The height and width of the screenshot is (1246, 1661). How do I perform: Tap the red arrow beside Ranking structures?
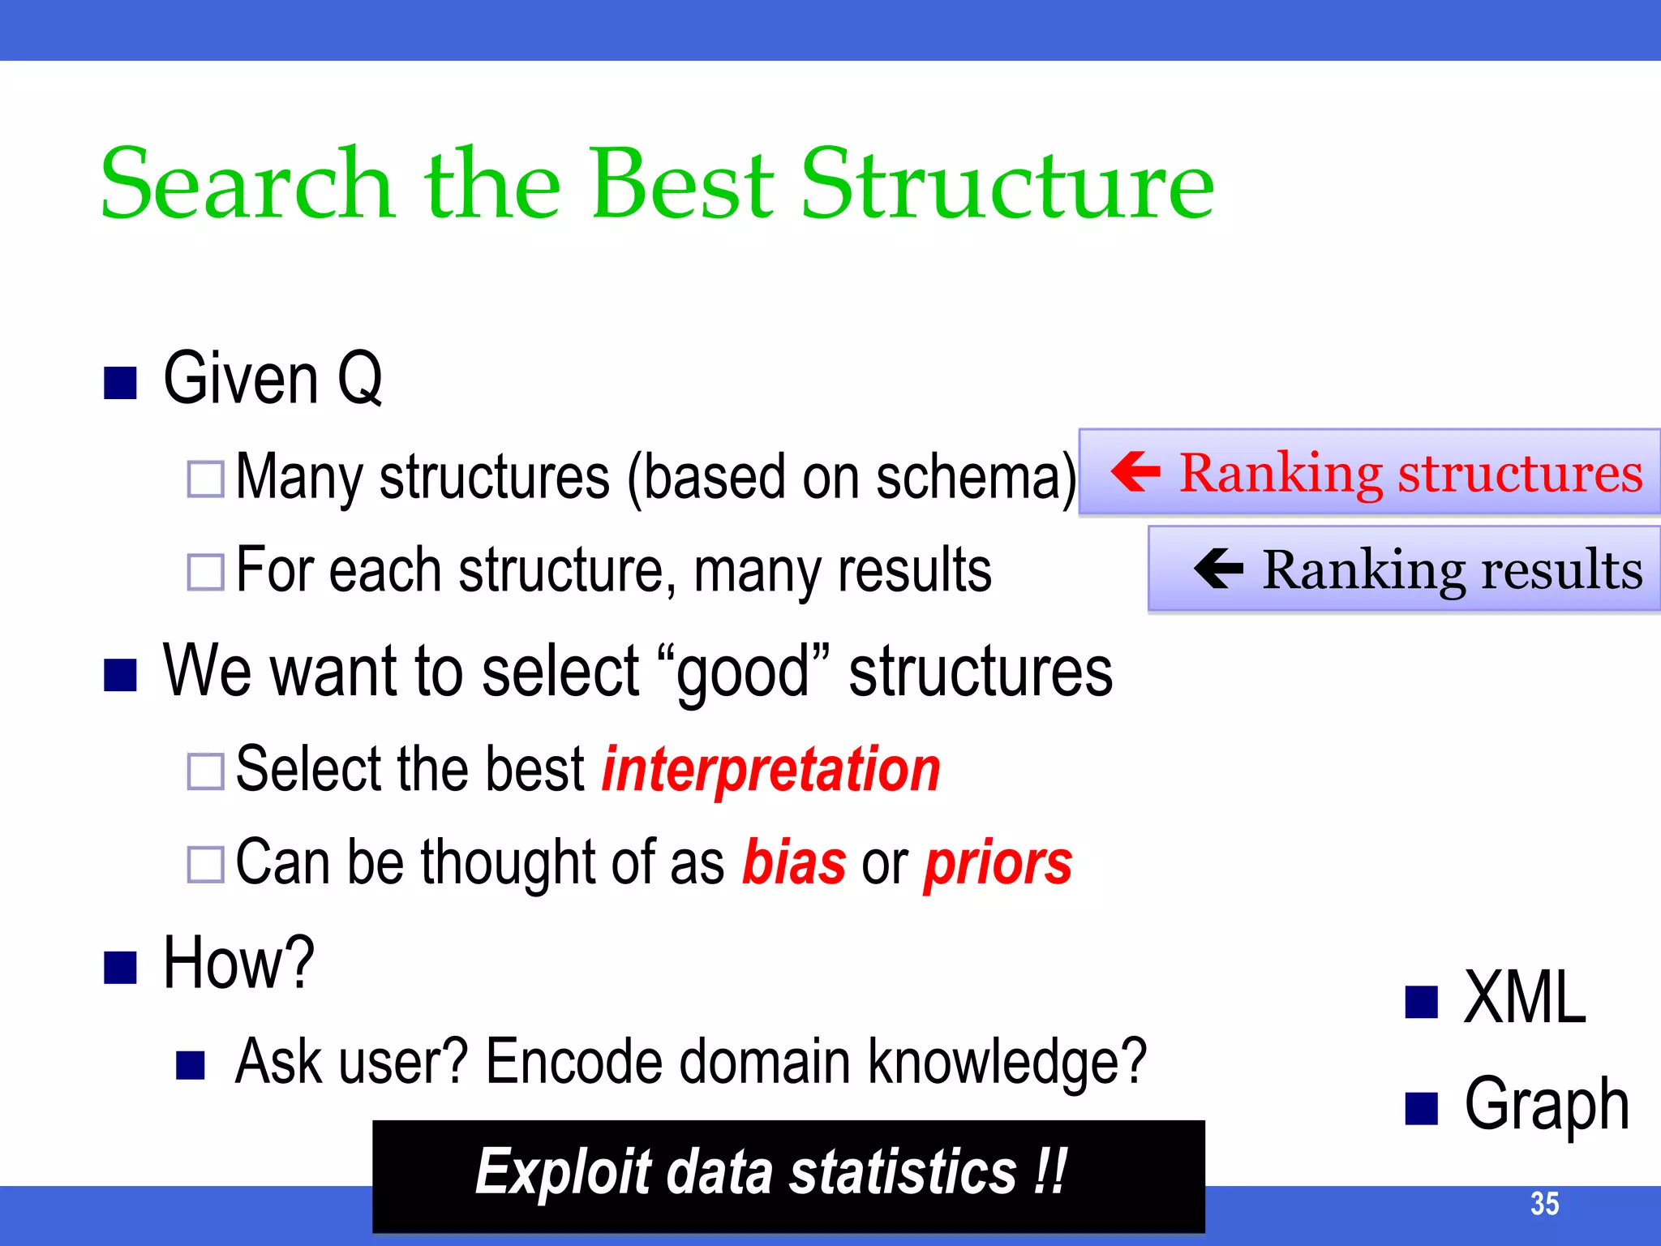click(x=1135, y=471)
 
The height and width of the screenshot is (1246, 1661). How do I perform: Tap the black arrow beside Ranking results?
click(x=1218, y=568)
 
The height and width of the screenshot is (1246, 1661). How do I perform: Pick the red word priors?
click(x=998, y=864)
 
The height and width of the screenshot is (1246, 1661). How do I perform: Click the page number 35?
click(x=1544, y=1204)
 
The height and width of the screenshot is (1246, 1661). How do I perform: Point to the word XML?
click(x=1524, y=999)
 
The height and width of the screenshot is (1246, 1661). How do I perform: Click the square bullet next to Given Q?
click(x=120, y=383)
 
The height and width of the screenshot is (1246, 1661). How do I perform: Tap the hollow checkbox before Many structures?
click(x=205, y=479)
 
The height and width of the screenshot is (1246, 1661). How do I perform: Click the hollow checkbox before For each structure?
click(x=205, y=572)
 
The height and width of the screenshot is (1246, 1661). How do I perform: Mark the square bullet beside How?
click(x=120, y=967)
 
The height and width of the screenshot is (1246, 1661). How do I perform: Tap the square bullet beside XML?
click(x=1421, y=1003)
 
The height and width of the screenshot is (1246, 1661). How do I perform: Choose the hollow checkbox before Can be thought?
click(x=205, y=865)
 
